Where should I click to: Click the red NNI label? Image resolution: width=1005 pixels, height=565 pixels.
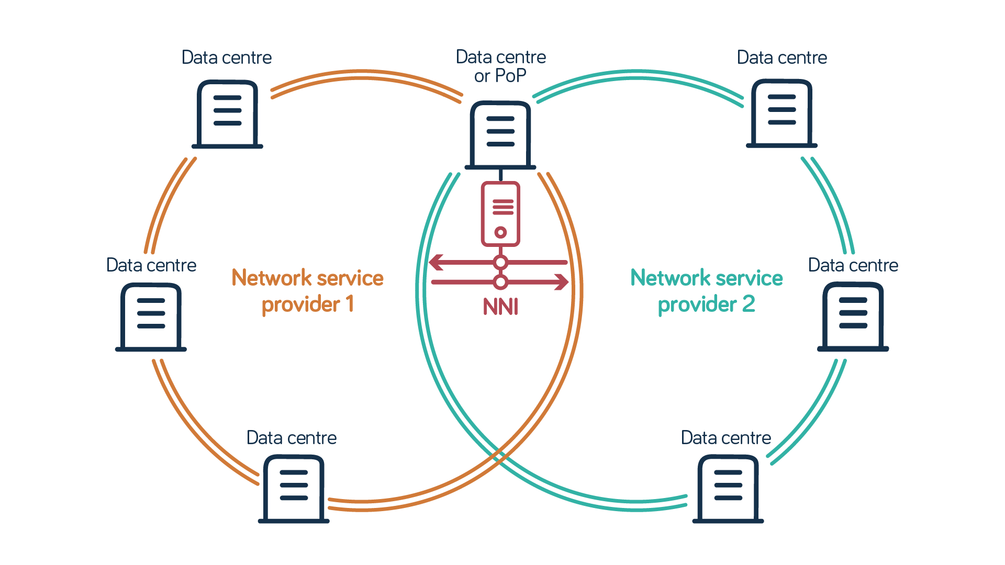click(x=500, y=307)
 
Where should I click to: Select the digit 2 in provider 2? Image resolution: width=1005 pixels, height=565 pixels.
click(x=749, y=304)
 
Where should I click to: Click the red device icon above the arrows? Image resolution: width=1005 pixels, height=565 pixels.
click(x=500, y=213)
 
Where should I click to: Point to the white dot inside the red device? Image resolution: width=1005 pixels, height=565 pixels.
click(x=501, y=232)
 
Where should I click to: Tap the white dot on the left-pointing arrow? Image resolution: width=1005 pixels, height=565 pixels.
click(x=501, y=262)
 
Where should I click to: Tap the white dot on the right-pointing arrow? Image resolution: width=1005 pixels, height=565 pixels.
click(x=501, y=282)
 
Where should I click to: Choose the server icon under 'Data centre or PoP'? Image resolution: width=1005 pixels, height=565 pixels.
click(x=500, y=135)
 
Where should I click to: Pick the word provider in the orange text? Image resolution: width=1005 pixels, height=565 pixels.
click(x=300, y=304)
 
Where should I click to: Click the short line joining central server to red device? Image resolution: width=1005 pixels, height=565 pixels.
click(x=501, y=175)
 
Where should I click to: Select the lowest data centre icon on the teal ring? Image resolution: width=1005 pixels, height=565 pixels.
click(x=728, y=489)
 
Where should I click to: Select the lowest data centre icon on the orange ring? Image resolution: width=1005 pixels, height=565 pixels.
click(x=294, y=489)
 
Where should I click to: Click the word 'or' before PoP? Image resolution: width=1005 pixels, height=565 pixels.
click(x=482, y=76)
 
